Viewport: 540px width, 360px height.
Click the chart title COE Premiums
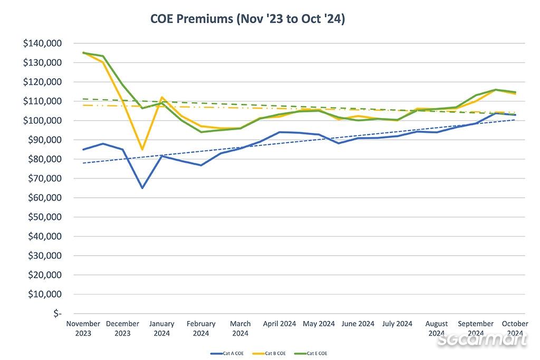pos(247,20)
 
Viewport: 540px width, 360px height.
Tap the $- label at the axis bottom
pos(57,314)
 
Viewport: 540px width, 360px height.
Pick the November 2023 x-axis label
pos(83,328)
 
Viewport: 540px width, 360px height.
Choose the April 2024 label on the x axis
pos(279,324)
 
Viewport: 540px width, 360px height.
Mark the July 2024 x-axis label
pos(397,324)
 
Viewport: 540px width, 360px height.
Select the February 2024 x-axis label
pos(201,328)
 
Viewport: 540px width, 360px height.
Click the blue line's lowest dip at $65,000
pos(142,188)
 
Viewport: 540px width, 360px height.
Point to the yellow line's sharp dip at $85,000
pos(142,150)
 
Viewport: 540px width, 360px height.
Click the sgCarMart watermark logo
pos(483,339)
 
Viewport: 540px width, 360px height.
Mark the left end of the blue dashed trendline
pos(83,163)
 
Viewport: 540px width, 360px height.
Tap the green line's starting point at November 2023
pos(83,53)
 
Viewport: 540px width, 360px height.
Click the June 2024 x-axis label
pos(358,324)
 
